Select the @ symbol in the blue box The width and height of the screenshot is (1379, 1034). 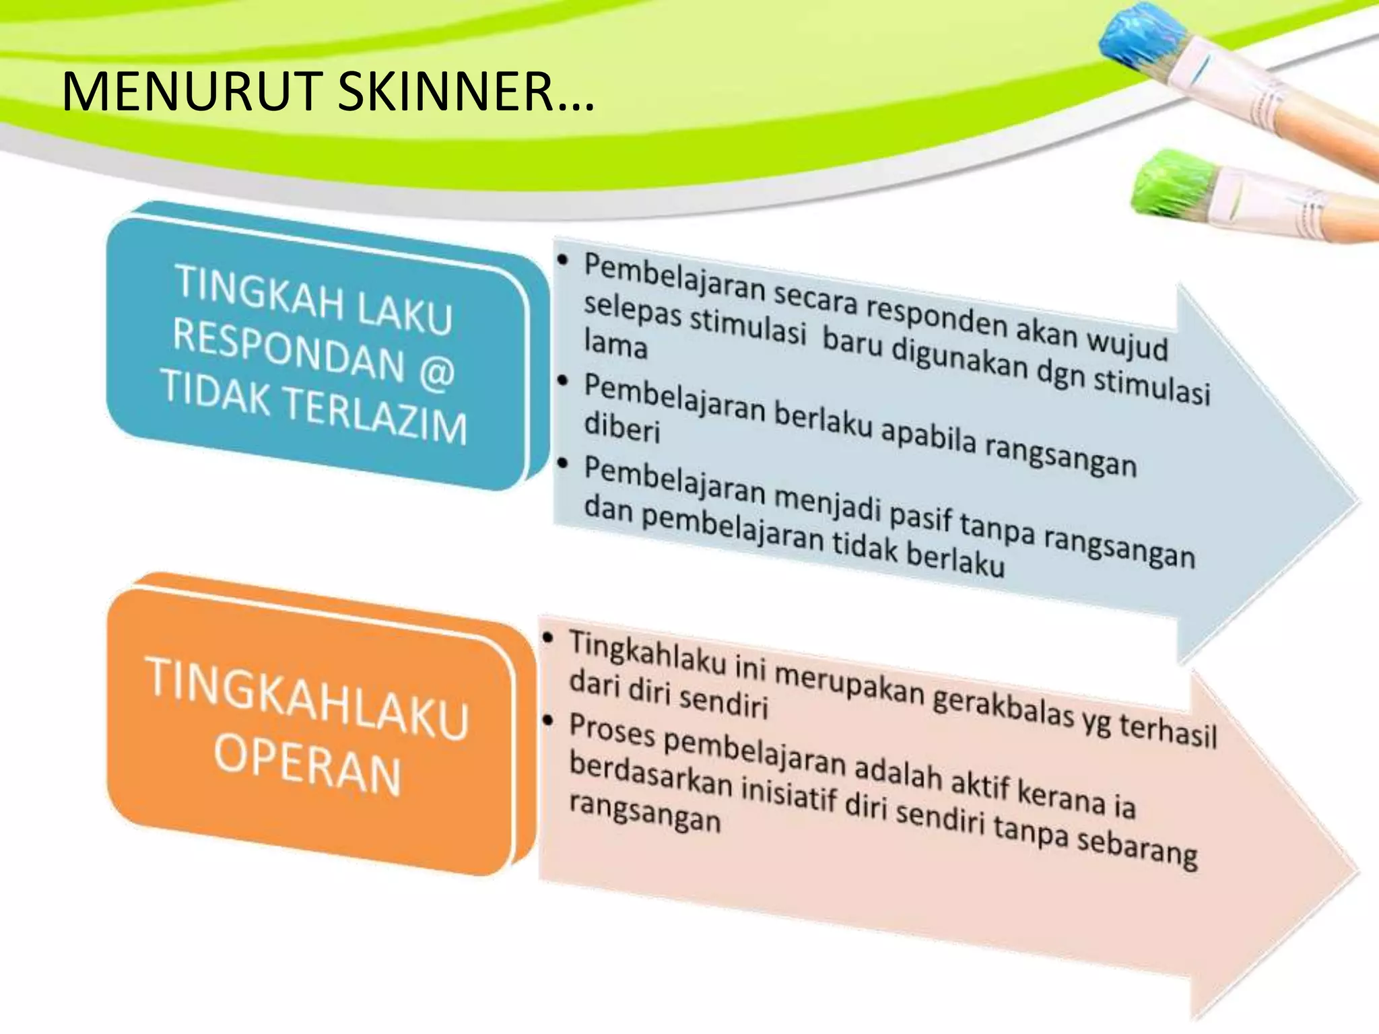pos(436,372)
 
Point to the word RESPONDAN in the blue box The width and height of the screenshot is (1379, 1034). pos(289,349)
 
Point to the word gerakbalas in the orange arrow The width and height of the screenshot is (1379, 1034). pos(1003,707)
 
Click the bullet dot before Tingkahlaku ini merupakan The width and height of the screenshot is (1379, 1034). pos(550,637)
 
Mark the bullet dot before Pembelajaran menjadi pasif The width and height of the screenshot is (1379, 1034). pos(564,463)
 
